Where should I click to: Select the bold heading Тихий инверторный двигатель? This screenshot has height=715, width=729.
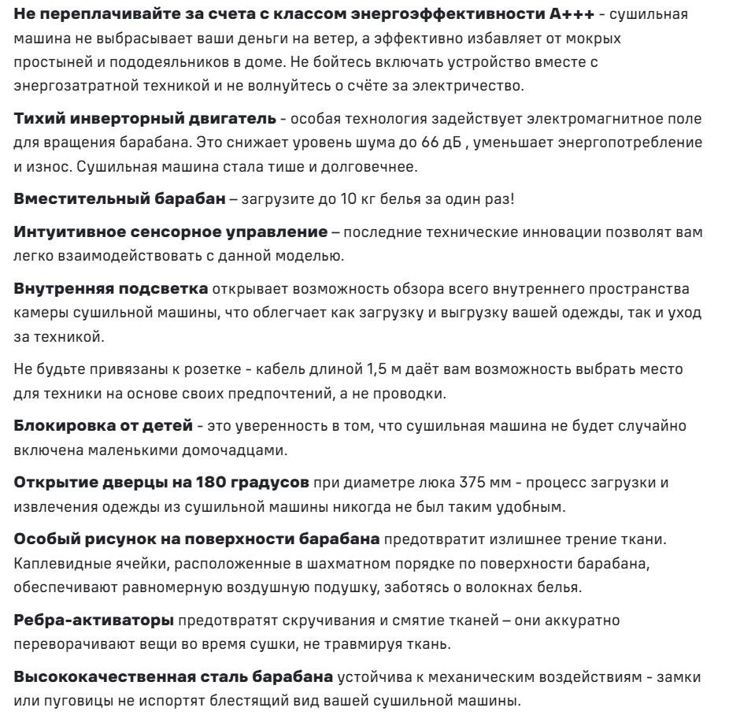coord(145,118)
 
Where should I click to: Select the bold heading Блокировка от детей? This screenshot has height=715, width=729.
coord(103,425)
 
